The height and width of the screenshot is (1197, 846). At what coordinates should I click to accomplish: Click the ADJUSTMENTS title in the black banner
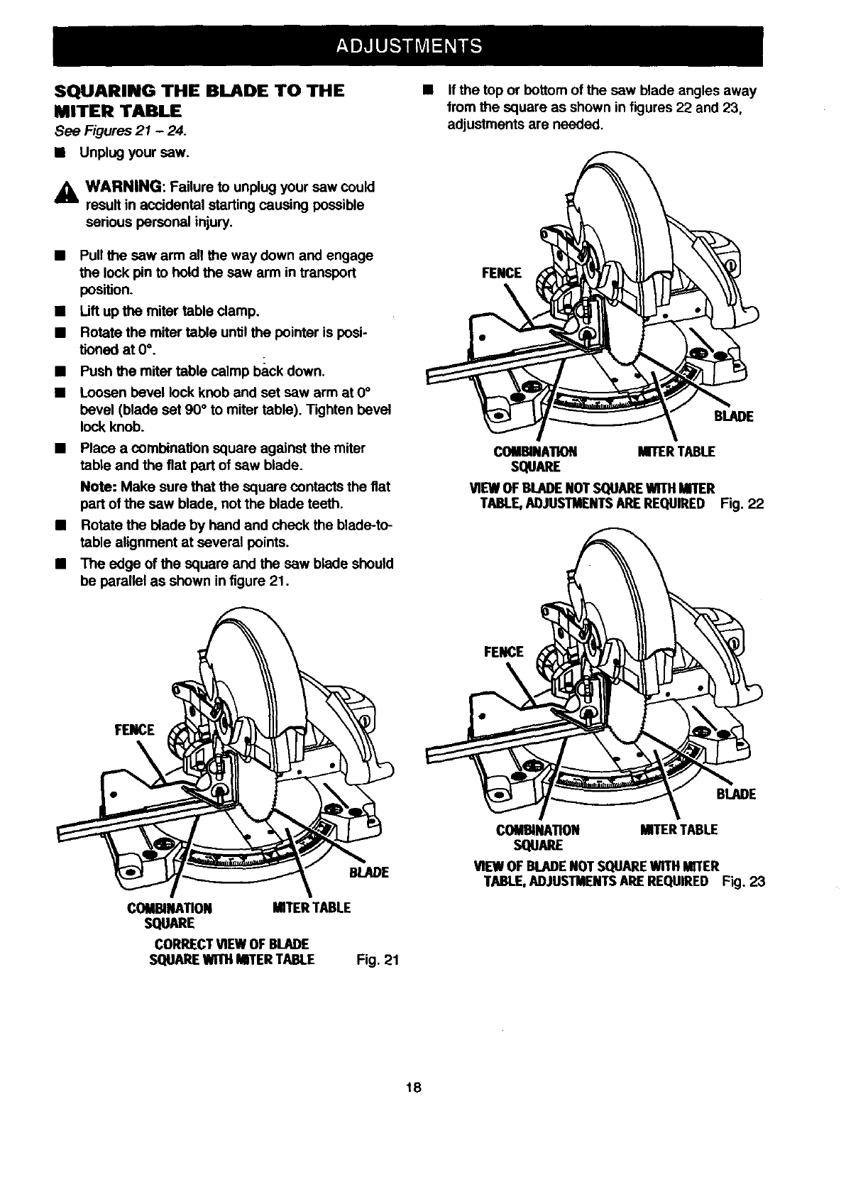click(x=409, y=45)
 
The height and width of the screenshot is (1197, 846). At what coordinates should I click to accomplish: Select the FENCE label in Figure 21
click(x=135, y=729)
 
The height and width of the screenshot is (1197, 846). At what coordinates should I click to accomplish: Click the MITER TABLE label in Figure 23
click(x=679, y=829)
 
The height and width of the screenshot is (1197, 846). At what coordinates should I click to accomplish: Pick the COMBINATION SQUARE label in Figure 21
click(x=169, y=915)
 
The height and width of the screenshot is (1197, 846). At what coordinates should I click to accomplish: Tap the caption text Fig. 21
click(x=380, y=961)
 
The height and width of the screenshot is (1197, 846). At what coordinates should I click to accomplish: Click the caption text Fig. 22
click(x=742, y=503)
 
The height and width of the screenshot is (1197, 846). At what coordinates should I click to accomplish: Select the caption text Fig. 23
click(x=744, y=882)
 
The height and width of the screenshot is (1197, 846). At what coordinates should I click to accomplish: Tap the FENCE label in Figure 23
click(x=503, y=652)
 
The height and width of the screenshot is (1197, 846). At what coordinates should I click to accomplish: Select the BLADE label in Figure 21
click(x=369, y=873)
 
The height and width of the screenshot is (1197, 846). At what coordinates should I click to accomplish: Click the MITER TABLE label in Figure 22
click(x=676, y=452)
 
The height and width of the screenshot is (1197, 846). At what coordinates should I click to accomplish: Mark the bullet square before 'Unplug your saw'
click(x=60, y=152)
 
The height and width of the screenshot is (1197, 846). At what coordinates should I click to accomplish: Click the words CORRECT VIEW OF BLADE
click(x=231, y=944)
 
